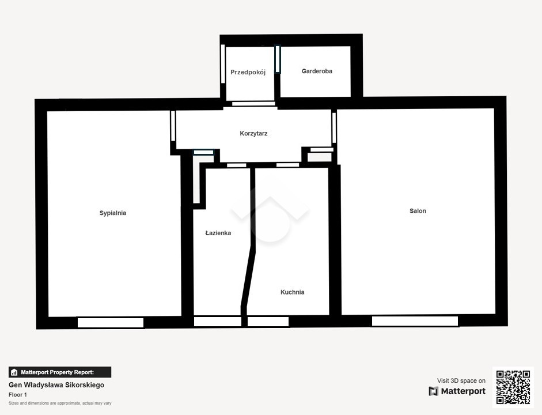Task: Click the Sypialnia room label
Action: click(x=113, y=213)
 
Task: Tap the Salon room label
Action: click(x=418, y=211)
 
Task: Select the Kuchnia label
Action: click(x=293, y=292)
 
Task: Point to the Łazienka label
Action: click(x=218, y=233)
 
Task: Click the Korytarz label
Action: click(x=253, y=134)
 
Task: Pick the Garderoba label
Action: click(x=317, y=71)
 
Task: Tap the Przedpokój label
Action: click(x=248, y=72)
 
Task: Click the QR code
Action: click(x=513, y=387)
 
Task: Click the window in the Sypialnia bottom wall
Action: click(x=111, y=323)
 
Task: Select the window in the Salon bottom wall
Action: click(x=415, y=321)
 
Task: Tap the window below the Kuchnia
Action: click(x=268, y=322)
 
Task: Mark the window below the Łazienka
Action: click(x=217, y=322)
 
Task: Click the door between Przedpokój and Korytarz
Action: click(x=253, y=104)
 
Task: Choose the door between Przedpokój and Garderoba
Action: click(x=278, y=59)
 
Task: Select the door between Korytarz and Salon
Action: click(x=334, y=127)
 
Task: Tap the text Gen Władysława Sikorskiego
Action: click(x=56, y=385)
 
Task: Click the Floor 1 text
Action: click(x=18, y=395)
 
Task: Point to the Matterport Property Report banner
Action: click(x=60, y=372)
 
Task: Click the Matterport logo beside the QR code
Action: click(x=457, y=391)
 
